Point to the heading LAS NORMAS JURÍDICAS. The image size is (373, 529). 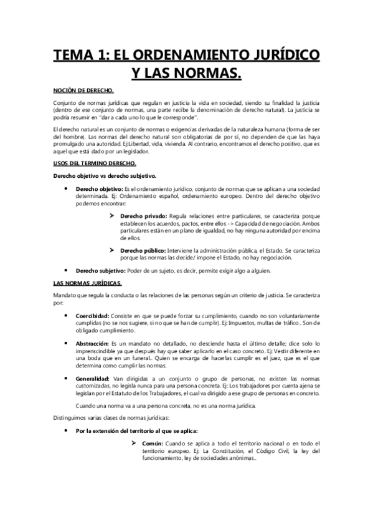click(x=87, y=283)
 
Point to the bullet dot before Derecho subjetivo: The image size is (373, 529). click(x=67, y=270)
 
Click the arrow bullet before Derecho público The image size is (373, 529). click(x=113, y=250)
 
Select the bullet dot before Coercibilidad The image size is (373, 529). click(x=67, y=316)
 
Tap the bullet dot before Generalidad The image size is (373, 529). click(x=67, y=379)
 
